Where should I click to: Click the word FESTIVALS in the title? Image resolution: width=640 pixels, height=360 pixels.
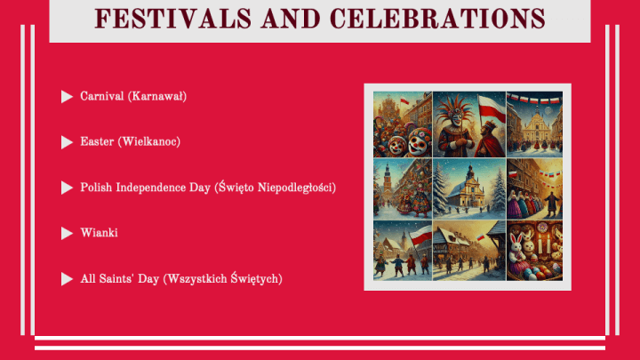(173, 19)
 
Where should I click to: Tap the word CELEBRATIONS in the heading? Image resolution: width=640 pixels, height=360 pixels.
(437, 19)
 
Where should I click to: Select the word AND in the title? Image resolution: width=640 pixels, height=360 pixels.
(291, 19)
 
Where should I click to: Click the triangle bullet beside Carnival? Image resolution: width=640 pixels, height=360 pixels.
(67, 97)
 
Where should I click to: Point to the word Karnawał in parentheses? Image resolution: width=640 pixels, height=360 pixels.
(157, 96)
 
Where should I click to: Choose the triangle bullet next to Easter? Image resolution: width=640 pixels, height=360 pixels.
(67, 142)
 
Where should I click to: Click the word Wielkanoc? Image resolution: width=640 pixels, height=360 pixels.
(149, 141)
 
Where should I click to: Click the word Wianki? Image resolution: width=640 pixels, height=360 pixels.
(100, 233)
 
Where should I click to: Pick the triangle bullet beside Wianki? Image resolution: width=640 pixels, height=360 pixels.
(67, 234)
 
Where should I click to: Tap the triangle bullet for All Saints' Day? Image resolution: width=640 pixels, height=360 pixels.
(67, 279)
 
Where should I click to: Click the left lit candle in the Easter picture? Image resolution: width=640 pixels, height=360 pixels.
(540, 244)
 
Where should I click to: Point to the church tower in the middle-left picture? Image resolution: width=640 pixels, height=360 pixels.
(387, 180)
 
